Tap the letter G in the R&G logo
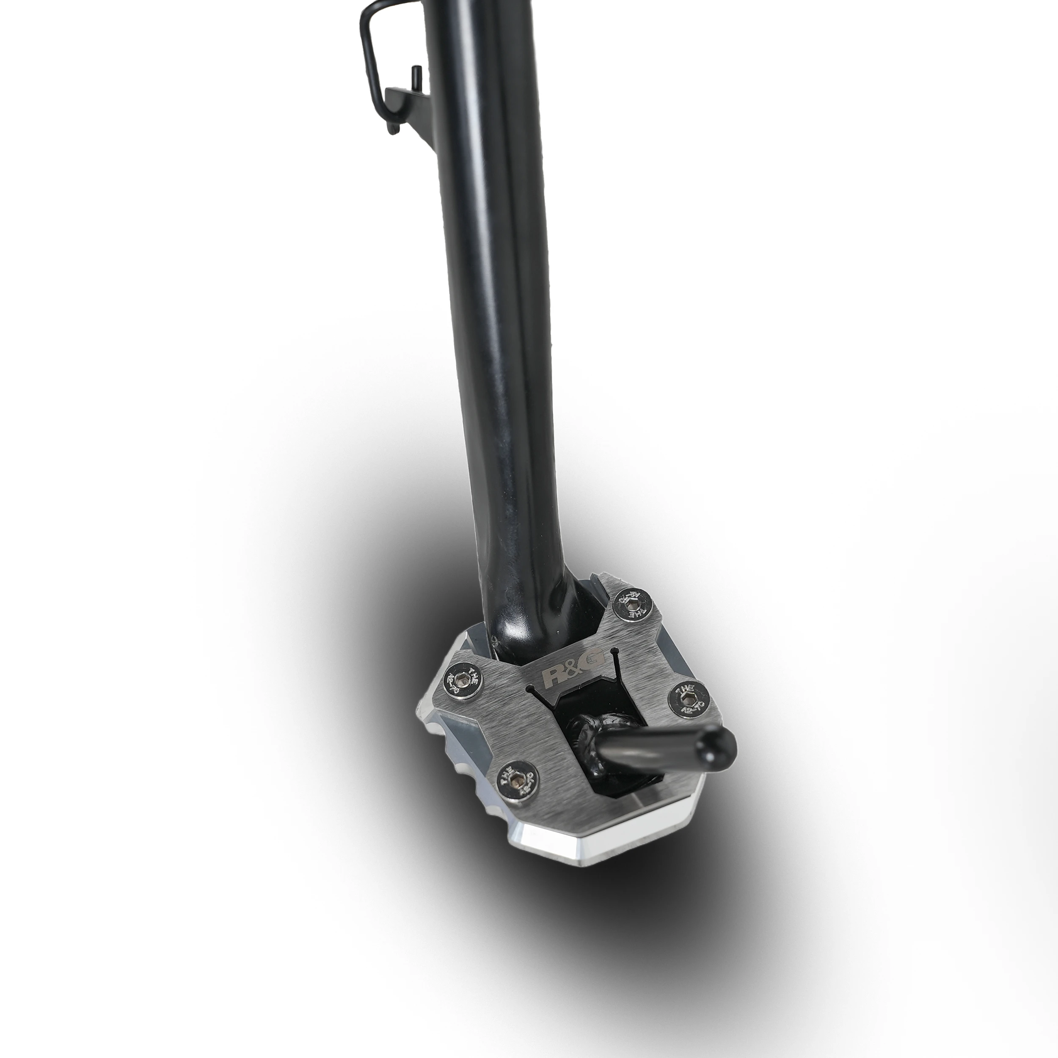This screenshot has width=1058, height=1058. (595, 659)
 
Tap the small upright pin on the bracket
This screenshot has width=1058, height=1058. (415, 77)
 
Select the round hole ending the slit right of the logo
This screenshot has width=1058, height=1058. (617, 653)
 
